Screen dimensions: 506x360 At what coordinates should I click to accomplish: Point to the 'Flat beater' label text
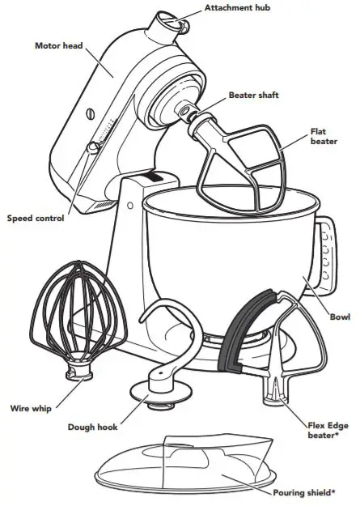click(324, 135)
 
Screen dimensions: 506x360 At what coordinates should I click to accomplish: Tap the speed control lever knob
click(94, 147)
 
